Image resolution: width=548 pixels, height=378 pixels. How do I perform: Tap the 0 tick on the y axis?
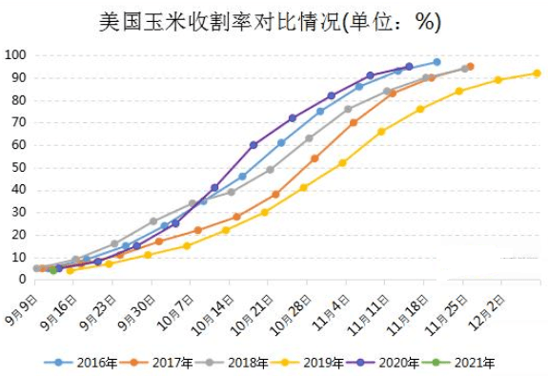coord(20,279)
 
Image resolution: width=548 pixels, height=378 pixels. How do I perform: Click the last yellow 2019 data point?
coord(537,73)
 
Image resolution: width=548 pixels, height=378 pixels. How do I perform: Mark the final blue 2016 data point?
coord(436,62)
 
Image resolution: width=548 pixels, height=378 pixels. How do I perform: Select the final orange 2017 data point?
coord(470,67)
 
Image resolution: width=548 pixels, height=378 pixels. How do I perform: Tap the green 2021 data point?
coord(53,269)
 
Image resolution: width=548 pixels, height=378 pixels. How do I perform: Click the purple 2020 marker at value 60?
coord(254,145)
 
